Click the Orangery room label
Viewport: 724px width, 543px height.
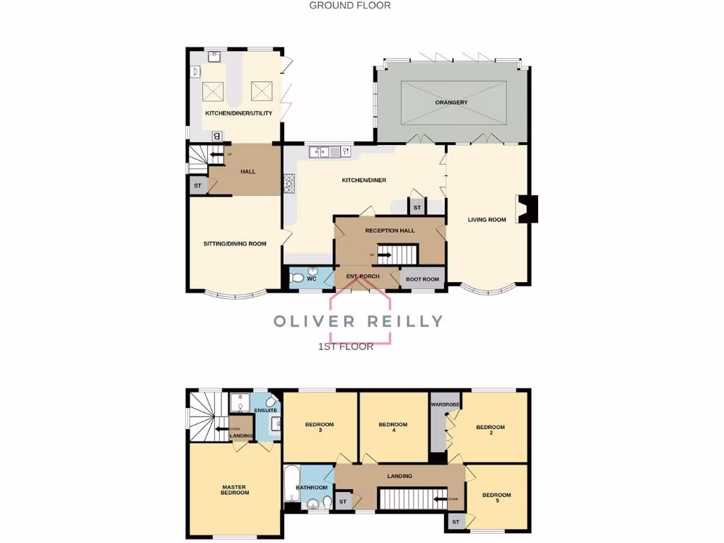(x=451, y=103)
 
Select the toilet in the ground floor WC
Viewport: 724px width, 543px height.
(x=299, y=277)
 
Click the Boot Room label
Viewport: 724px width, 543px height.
(x=423, y=279)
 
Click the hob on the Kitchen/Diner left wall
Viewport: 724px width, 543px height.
(x=288, y=183)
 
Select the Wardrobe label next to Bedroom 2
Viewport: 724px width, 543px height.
(x=445, y=404)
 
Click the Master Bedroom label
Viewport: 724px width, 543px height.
(x=235, y=489)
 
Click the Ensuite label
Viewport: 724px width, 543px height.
(x=267, y=411)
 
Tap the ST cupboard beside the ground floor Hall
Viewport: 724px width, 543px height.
(x=197, y=186)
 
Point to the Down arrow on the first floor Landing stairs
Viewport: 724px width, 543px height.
(x=440, y=498)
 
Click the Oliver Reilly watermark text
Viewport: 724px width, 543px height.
(x=358, y=321)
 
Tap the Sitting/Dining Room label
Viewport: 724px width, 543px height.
(x=235, y=244)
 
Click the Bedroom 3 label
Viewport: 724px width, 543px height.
(x=320, y=427)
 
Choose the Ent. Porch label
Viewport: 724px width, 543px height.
(x=363, y=276)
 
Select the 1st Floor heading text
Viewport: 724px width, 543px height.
(x=346, y=346)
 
